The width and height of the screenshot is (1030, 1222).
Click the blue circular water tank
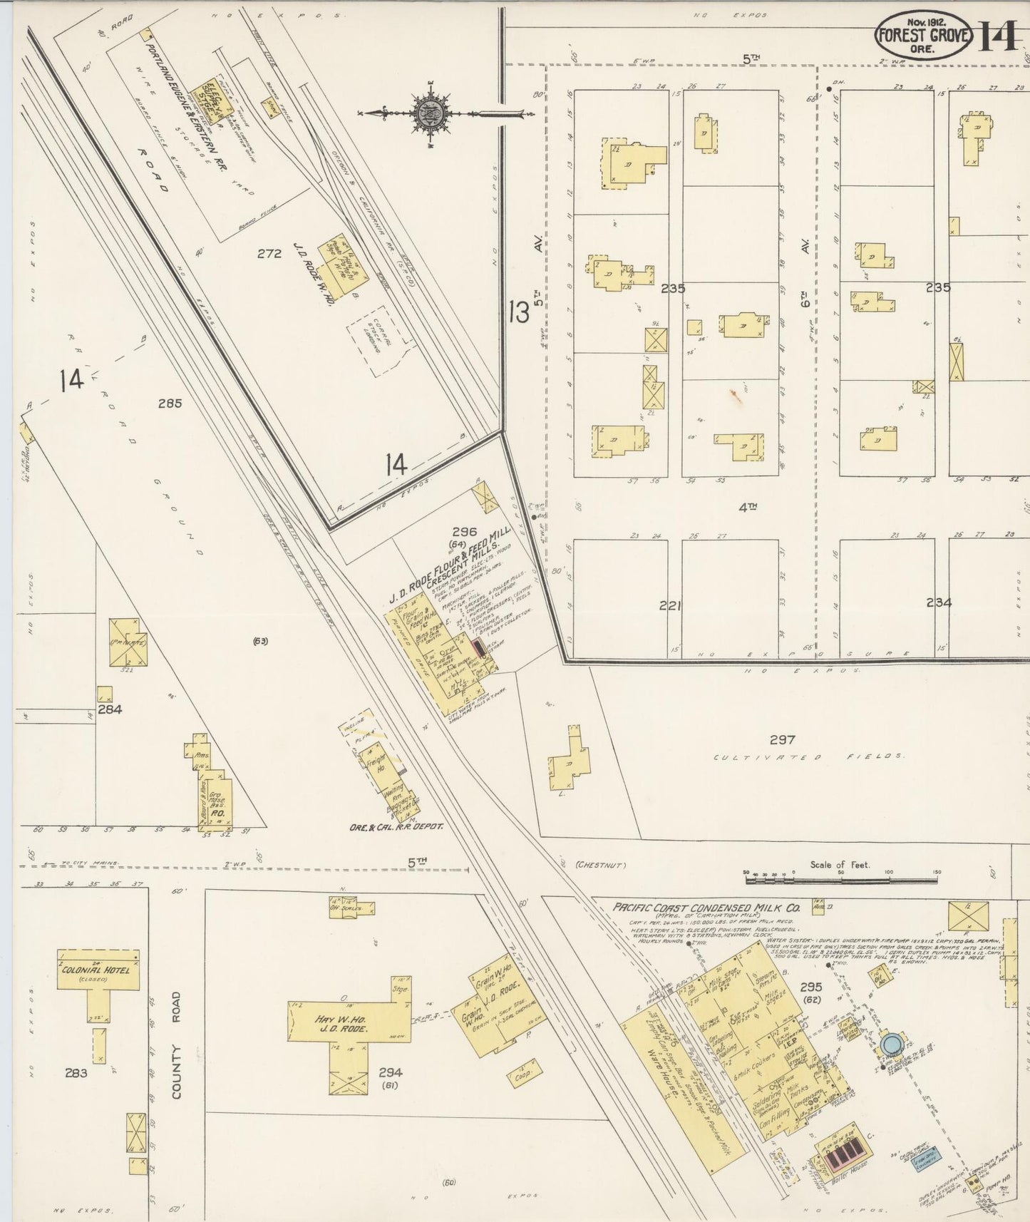click(x=891, y=1044)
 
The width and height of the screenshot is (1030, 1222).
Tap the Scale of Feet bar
click(x=841, y=880)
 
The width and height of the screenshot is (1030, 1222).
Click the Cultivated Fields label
click(x=809, y=756)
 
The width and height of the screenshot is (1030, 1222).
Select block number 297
click(x=782, y=739)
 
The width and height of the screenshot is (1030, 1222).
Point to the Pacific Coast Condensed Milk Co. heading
click(x=706, y=908)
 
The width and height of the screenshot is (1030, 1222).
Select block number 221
click(x=670, y=606)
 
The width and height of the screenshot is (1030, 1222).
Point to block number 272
click(x=269, y=253)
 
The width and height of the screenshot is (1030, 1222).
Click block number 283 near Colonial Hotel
click(x=76, y=1073)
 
